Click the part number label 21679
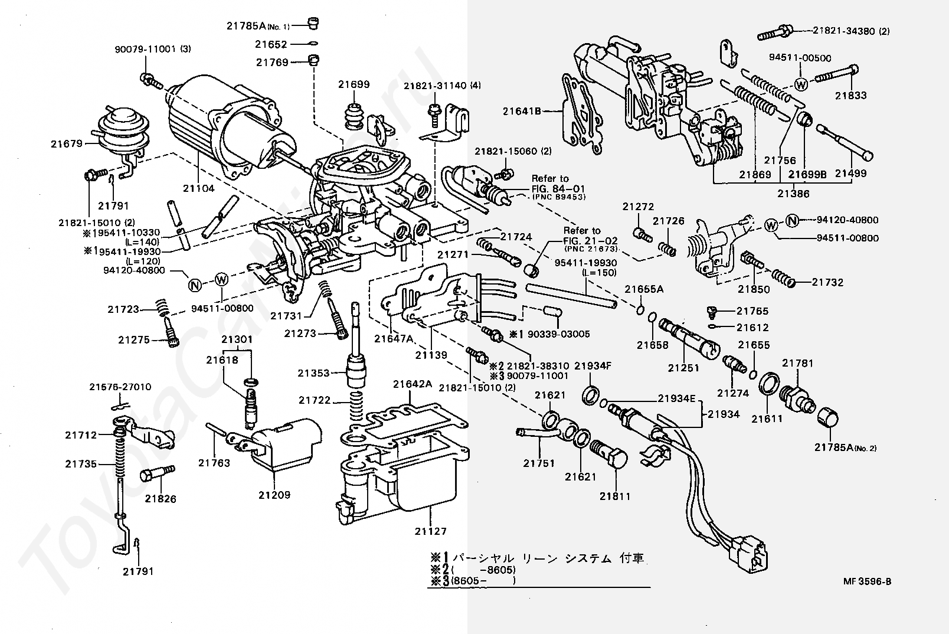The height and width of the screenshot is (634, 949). coord(67,143)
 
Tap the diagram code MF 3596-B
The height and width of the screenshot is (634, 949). coord(867,581)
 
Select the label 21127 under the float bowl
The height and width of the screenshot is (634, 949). coord(430,531)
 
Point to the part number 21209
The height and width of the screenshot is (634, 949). coord(274,495)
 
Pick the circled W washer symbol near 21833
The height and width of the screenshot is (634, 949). coord(800,85)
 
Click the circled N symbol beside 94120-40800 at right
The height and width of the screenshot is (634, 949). coord(792,220)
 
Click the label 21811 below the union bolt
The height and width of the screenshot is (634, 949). coord(615,496)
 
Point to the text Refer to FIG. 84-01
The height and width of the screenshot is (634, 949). coord(553,184)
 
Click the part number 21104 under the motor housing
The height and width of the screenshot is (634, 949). coord(199,188)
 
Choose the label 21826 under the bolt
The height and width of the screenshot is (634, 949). coord(161,499)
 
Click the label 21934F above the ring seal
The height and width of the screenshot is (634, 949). coord(593,366)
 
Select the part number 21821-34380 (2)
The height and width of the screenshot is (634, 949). coord(850,31)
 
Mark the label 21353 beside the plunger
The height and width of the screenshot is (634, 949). coord(313,373)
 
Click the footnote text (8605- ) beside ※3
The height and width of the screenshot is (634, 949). coord(483,581)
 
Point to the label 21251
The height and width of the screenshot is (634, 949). coord(683,368)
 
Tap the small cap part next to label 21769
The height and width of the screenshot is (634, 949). coord(313,60)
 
